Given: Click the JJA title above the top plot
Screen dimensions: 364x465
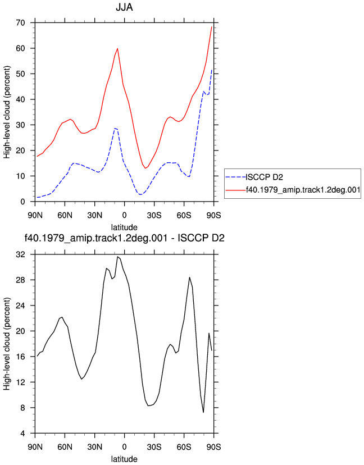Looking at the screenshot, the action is (124, 7).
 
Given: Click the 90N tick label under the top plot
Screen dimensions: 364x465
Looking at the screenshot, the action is (35, 215).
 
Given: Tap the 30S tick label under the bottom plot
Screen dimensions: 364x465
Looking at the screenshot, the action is (154, 447).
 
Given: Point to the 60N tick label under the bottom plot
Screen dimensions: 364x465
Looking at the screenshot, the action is (65, 447).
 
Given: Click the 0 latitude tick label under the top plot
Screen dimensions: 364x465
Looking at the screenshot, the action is (124, 215).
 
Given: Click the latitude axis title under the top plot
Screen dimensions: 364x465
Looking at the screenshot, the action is (124, 227).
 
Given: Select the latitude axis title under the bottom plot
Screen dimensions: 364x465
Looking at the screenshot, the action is (124, 459).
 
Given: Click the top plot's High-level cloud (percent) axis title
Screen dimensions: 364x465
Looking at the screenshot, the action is (7, 112).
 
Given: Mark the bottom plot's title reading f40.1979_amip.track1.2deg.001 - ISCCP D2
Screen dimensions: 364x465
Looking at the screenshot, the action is (124, 238).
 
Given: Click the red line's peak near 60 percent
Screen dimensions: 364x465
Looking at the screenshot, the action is (117, 48).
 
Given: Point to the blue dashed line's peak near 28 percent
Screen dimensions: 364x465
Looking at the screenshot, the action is (115, 128).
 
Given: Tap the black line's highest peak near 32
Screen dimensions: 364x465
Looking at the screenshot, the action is (117, 257).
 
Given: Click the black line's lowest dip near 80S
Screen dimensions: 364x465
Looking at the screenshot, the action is (203, 412).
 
